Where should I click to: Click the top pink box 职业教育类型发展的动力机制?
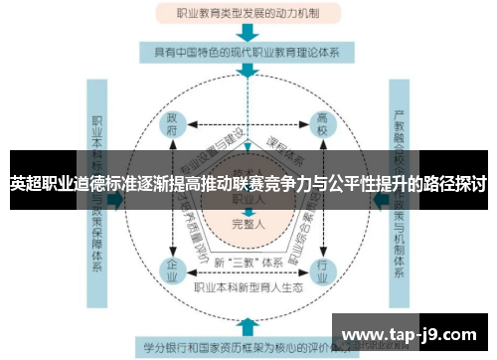pyautogui.click(x=248, y=14)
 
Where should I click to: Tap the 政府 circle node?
pyautogui.click(x=173, y=127)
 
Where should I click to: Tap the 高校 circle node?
pyautogui.click(x=322, y=127)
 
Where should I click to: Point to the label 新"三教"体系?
pyautogui.click(x=248, y=262)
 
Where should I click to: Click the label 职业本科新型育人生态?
pyautogui.click(x=249, y=288)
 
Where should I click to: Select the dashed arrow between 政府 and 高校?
pyautogui.click(x=248, y=122)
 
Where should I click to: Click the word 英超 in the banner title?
pyautogui.click(x=26, y=184)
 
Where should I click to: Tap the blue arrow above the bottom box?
pyautogui.click(x=248, y=325)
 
